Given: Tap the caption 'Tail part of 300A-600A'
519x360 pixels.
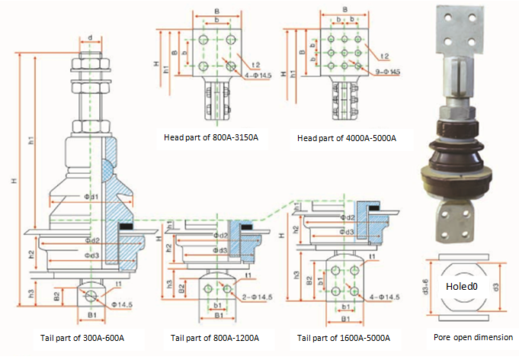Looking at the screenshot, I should pos(82,337).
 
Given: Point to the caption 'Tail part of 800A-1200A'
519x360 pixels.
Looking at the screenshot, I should pos(215,337).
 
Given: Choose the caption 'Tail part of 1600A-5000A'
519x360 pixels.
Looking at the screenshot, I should pos(344,337).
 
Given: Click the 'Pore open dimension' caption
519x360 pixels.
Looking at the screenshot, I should pos(467,336).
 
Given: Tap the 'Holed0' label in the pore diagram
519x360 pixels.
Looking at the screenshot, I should pos(463,287).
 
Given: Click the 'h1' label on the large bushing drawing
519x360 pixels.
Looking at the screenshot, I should pos(31,142).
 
